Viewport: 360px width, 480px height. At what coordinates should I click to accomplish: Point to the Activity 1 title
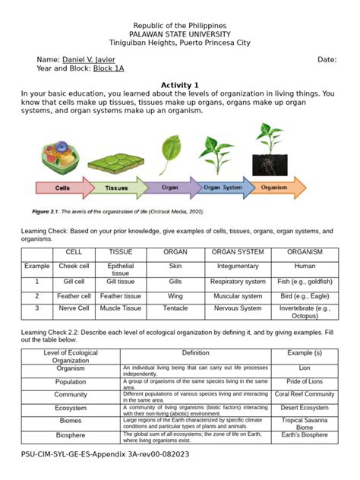(x=179, y=84)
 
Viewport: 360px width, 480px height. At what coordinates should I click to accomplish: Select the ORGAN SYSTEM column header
(x=238, y=251)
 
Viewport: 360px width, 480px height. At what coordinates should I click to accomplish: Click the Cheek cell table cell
(x=74, y=267)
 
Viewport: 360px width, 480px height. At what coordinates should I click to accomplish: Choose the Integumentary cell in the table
(x=238, y=267)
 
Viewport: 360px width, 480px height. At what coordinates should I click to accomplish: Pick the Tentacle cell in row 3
(x=175, y=308)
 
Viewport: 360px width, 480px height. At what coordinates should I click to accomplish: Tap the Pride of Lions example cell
(x=304, y=381)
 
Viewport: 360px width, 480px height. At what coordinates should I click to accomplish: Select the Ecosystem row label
(x=71, y=408)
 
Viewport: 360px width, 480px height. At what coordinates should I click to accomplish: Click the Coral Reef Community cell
(x=304, y=394)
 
